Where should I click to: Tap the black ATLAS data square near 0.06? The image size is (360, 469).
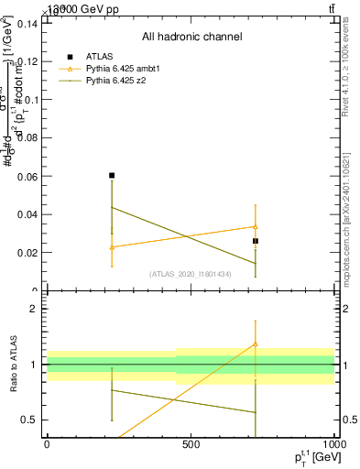112,175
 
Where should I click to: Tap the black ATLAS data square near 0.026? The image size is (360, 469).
256,241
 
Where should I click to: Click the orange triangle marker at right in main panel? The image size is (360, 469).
256,226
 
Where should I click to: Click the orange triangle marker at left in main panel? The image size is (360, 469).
112,247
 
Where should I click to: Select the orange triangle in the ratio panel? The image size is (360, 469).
256,344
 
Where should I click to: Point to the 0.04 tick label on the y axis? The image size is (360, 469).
27,214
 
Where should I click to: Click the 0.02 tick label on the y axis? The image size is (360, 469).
27,253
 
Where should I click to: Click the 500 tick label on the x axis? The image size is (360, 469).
191,443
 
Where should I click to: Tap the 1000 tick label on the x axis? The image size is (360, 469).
333,443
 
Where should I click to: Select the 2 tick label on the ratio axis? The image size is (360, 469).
32,309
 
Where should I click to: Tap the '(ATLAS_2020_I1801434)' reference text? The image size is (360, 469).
191,274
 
